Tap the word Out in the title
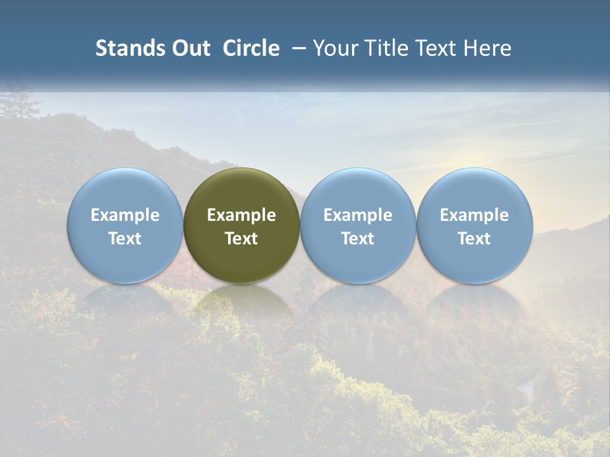pyautogui.click(x=190, y=48)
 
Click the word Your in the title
pyautogui.click(x=335, y=48)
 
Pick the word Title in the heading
pyautogui.click(x=384, y=48)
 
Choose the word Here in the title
pyautogui.click(x=488, y=48)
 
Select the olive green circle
pyautogui.click(x=241, y=225)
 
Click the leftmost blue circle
pyautogui.click(x=125, y=225)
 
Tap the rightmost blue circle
pyautogui.click(x=474, y=225)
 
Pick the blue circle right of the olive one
pyautogui.click(x=358, y=225)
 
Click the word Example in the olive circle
pyautogui.click(x=241, y=215)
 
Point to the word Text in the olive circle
pyautogui.click(x=241, y=239)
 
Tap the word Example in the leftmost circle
pyautogui.click(x=125, y=215)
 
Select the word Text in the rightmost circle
pyautogui.click(x=474, y=239)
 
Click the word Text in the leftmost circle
pyautogui.click(x=125, y=239)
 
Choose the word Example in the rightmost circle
pyautogui.click(x=474, y=215)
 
